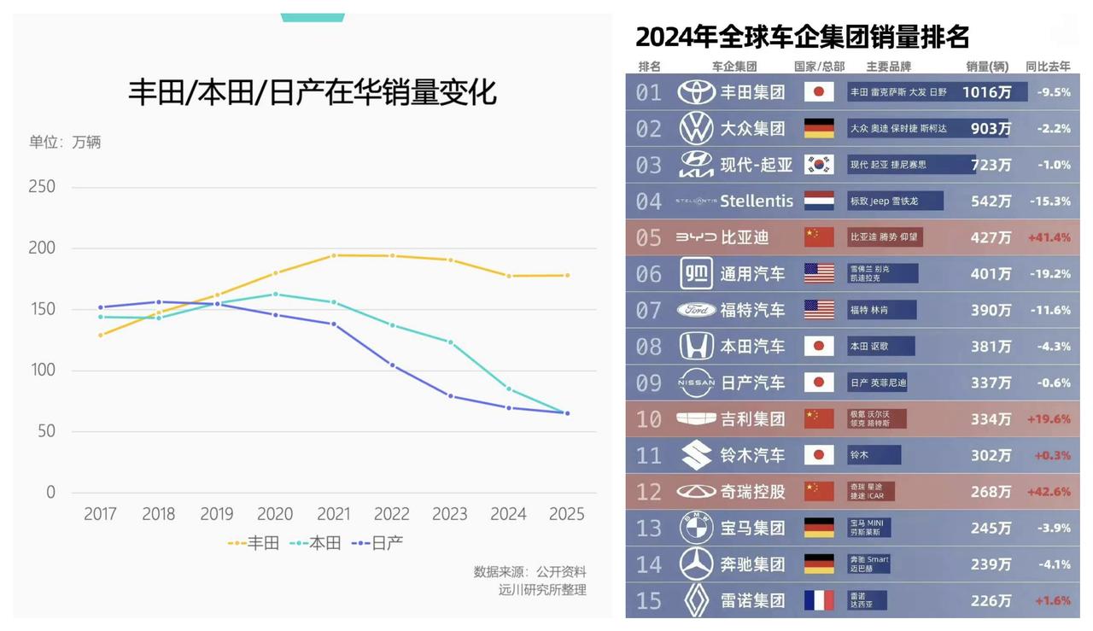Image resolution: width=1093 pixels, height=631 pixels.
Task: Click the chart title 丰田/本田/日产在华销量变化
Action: click(x=312, y=92)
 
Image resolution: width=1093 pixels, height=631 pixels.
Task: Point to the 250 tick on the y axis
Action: click(x=42, y=186)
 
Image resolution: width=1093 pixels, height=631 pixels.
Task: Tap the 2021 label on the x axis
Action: click(x=333, y=514)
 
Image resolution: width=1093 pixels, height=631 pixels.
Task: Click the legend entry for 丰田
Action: click(x=254, y=542)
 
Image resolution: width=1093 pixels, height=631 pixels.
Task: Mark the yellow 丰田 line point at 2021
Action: click(x=334, y=255)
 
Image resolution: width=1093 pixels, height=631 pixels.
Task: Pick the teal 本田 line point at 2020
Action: click(x=275, y=294)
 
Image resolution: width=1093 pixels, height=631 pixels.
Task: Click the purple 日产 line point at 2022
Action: click(x=392, y=365)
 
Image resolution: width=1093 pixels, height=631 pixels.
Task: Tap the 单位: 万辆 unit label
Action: click(x=65, y=142)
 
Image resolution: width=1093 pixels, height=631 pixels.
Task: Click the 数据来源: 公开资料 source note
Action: click(x=529, y=571)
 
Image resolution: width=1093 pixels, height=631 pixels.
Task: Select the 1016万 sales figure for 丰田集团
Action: click(x=986, y=92)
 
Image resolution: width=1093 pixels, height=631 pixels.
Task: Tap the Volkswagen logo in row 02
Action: click(x=696, y=129)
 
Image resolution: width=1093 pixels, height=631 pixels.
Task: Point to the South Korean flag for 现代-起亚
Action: click(x=819, y=165)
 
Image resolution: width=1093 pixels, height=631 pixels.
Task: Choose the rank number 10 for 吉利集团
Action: click(x=649, y=418)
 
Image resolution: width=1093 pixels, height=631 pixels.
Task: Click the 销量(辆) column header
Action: click(x=987, y=67)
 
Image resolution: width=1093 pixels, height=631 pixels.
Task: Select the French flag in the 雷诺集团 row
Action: click(x=819, y=600)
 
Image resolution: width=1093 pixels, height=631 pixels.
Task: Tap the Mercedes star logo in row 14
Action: click(x=696, y=564)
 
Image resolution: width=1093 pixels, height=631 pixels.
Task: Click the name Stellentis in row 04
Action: click(x=757, y=202)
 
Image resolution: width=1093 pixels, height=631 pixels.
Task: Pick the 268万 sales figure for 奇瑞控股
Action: click(x=991, y=492)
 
